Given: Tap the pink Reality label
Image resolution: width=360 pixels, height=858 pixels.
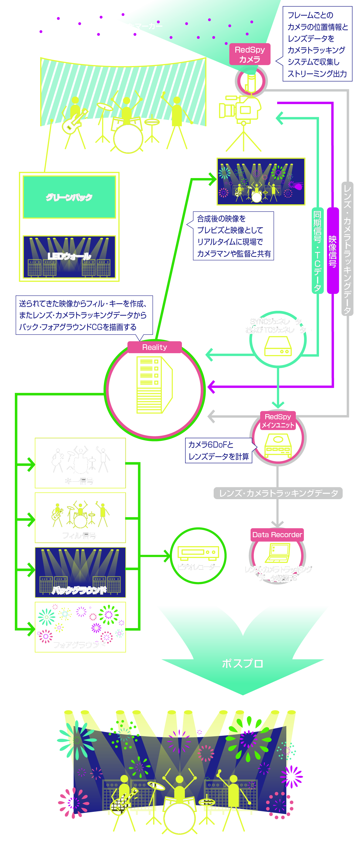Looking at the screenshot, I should click(x=155, y=347).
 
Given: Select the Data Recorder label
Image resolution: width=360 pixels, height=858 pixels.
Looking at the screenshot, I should click(x=277, y=534).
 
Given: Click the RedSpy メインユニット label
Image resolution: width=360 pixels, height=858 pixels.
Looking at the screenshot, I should click(x=278, y=421).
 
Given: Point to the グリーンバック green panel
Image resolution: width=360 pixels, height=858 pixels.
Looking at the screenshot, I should click(x=69, y=197).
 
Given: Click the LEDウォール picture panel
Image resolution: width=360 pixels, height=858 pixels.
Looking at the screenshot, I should click(x=69, y=257).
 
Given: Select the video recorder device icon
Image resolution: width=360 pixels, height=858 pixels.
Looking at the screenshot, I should click(x=198, y=553).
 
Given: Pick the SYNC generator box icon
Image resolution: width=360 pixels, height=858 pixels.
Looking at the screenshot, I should click(x=278, y=346).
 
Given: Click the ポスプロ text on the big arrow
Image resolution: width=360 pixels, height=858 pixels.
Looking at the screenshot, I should click(x=242, y=663).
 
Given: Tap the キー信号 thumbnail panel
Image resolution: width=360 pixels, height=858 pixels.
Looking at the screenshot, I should click(x=80, y=463).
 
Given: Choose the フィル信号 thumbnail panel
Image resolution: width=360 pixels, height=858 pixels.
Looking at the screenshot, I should click(x=80, y=517).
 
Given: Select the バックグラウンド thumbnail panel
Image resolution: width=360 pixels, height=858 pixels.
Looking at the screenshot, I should click(x=80, y=572).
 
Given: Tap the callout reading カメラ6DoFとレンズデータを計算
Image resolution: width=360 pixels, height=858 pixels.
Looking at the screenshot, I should click(x=219, y=450).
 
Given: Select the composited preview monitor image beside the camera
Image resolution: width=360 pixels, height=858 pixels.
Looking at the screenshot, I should click(x=261, y=182).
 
